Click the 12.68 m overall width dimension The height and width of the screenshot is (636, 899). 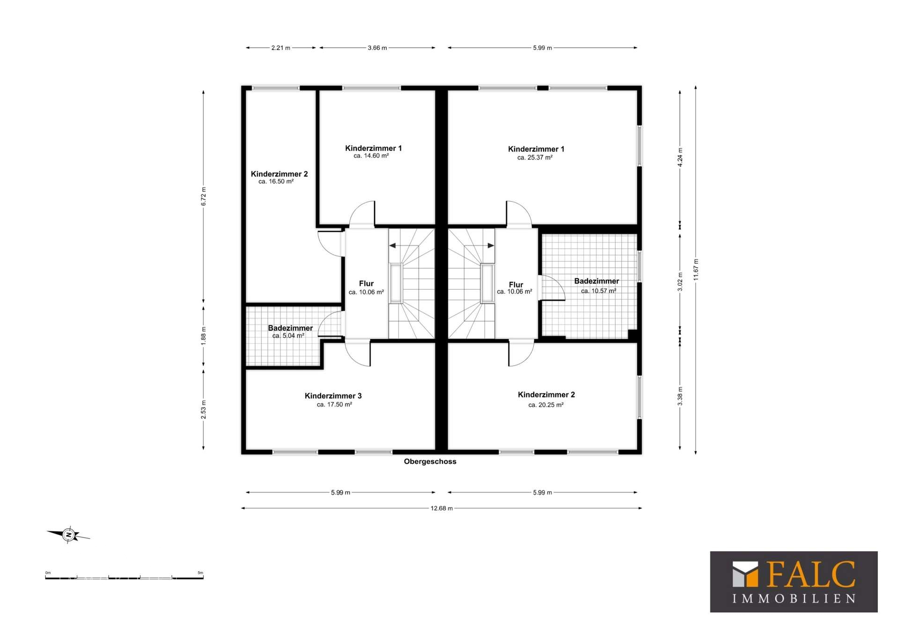(442, 508)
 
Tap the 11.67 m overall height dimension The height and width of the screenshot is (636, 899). (696, 270)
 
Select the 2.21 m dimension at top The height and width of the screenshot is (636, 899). (281, 48)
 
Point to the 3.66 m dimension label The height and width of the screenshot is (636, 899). (377, 48)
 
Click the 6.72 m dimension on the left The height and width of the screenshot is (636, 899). (203, 196)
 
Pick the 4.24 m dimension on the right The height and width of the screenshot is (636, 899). (680, 157)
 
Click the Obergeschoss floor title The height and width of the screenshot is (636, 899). (430, 461)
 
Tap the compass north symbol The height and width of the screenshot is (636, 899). (68, 534)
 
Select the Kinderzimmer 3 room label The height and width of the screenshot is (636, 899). (333, 396)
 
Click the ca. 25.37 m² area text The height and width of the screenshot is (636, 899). (535, 158)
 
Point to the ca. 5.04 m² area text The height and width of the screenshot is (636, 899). (288, 336)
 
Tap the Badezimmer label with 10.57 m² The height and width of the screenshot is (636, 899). (597, 281)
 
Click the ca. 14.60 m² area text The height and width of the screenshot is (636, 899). (371, 156)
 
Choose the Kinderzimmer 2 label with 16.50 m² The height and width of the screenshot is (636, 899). (279, 174)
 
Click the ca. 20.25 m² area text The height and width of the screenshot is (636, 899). (546, 405)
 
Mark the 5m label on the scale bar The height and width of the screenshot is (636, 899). (200, 573)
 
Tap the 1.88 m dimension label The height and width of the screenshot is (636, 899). (203, 336)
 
